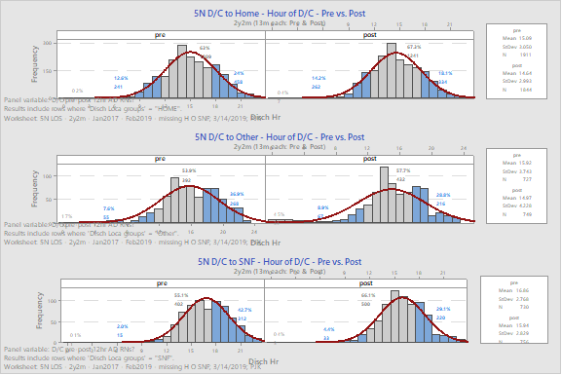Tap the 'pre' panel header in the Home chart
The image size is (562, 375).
(x=161, y=34)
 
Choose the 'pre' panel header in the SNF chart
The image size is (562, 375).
(x=161, y=284)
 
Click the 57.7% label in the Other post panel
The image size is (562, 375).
(x=403, y=170)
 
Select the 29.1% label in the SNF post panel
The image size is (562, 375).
(x=443, y=309)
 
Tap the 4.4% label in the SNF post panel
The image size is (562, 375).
(x=329, y=329)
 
